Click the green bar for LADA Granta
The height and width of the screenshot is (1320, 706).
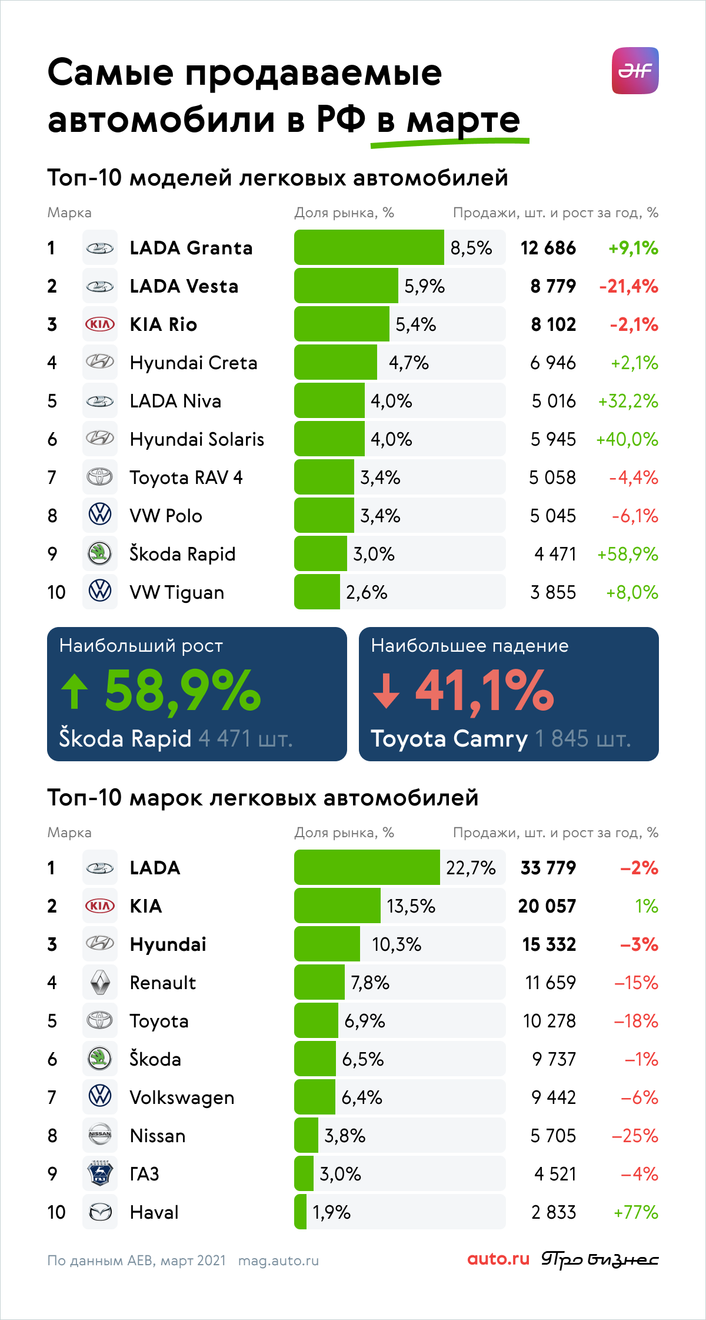369,247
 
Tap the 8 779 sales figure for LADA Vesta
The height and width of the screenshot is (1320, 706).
553,286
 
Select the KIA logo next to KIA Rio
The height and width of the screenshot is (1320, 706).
100,324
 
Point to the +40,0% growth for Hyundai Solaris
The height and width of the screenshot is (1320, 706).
627,439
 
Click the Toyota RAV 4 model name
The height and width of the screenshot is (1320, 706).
186,477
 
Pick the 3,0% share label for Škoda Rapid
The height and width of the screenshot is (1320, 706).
374,554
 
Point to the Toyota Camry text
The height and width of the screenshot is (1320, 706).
449,739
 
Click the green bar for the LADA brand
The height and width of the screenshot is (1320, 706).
367,867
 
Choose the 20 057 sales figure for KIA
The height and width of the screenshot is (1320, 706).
547,906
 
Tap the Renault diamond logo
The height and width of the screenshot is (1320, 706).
100,982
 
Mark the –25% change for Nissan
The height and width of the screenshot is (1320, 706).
635,1136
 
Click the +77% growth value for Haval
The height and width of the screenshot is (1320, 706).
636,1212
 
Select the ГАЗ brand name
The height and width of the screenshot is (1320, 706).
145,1174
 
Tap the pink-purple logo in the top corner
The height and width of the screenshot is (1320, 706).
635,71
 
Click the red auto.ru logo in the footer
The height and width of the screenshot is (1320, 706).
498,1259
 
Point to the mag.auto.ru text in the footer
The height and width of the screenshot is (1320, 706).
278,1261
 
